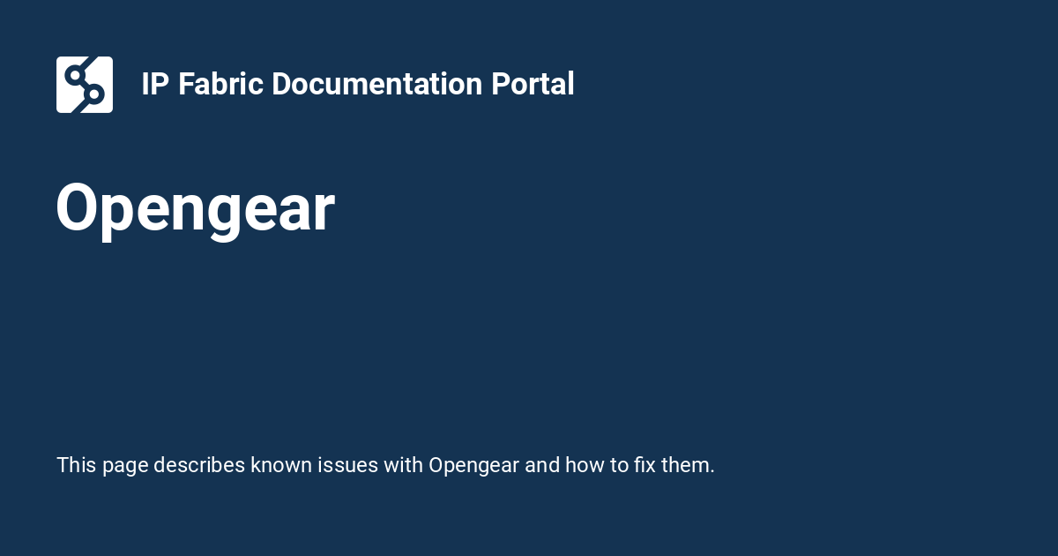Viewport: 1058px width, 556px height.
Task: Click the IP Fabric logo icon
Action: coord(85,85)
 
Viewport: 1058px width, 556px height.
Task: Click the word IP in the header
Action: coord(155,85)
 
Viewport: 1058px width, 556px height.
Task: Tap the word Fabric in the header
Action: coord(221,85)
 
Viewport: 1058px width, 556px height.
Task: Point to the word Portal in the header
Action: coord(533,85)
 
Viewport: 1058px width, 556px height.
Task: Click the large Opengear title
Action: coord(195,209)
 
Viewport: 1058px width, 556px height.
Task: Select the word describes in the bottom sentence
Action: coord(199,465)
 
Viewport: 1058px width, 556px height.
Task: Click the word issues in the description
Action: coord(345,465)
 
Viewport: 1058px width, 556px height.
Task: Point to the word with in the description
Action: coord(403,465)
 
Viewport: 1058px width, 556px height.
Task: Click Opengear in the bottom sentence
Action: coord(473,465)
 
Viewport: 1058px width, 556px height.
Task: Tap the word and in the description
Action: coord(543,465)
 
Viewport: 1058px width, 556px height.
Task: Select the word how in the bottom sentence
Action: coord(585,465)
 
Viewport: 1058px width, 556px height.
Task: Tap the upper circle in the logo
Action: coord(74,74)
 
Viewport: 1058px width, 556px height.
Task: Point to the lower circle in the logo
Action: coord(95,94)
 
